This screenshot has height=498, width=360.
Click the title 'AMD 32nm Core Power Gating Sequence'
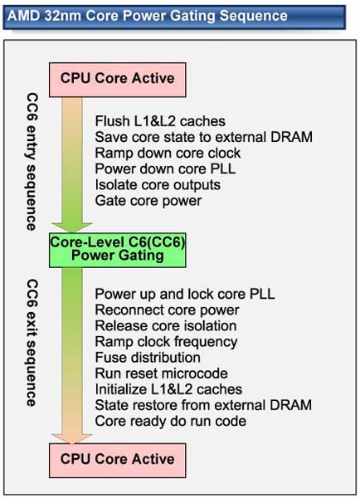(147, 16)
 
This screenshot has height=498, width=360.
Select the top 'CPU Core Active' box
(118, 80)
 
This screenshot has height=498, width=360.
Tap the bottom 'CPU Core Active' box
(118, 460)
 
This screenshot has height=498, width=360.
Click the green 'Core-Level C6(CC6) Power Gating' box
(118, 251)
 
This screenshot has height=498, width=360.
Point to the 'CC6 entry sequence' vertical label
(32, 162)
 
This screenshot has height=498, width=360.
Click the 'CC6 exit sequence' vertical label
(32, 343)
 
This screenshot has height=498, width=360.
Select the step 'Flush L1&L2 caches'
(160, 121)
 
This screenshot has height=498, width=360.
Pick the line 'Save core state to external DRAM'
(204, 137)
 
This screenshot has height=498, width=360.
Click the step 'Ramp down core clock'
(168, 153)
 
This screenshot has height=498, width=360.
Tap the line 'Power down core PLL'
(165, 168)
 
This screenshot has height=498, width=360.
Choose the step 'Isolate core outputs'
(158, 184)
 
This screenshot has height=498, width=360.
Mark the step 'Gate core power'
(148, 201)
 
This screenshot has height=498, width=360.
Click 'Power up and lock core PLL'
(185, 294)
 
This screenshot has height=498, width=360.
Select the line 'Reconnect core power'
(167, 310)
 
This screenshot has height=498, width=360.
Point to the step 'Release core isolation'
(166, 326)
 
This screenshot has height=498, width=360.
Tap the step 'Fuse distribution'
(148, 358)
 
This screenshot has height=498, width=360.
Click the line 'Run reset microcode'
(161, 373)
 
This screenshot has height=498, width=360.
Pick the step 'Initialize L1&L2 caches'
(168, 389)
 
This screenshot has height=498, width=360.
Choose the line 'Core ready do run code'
(171, 421)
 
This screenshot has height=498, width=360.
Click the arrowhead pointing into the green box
(72, 227)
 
